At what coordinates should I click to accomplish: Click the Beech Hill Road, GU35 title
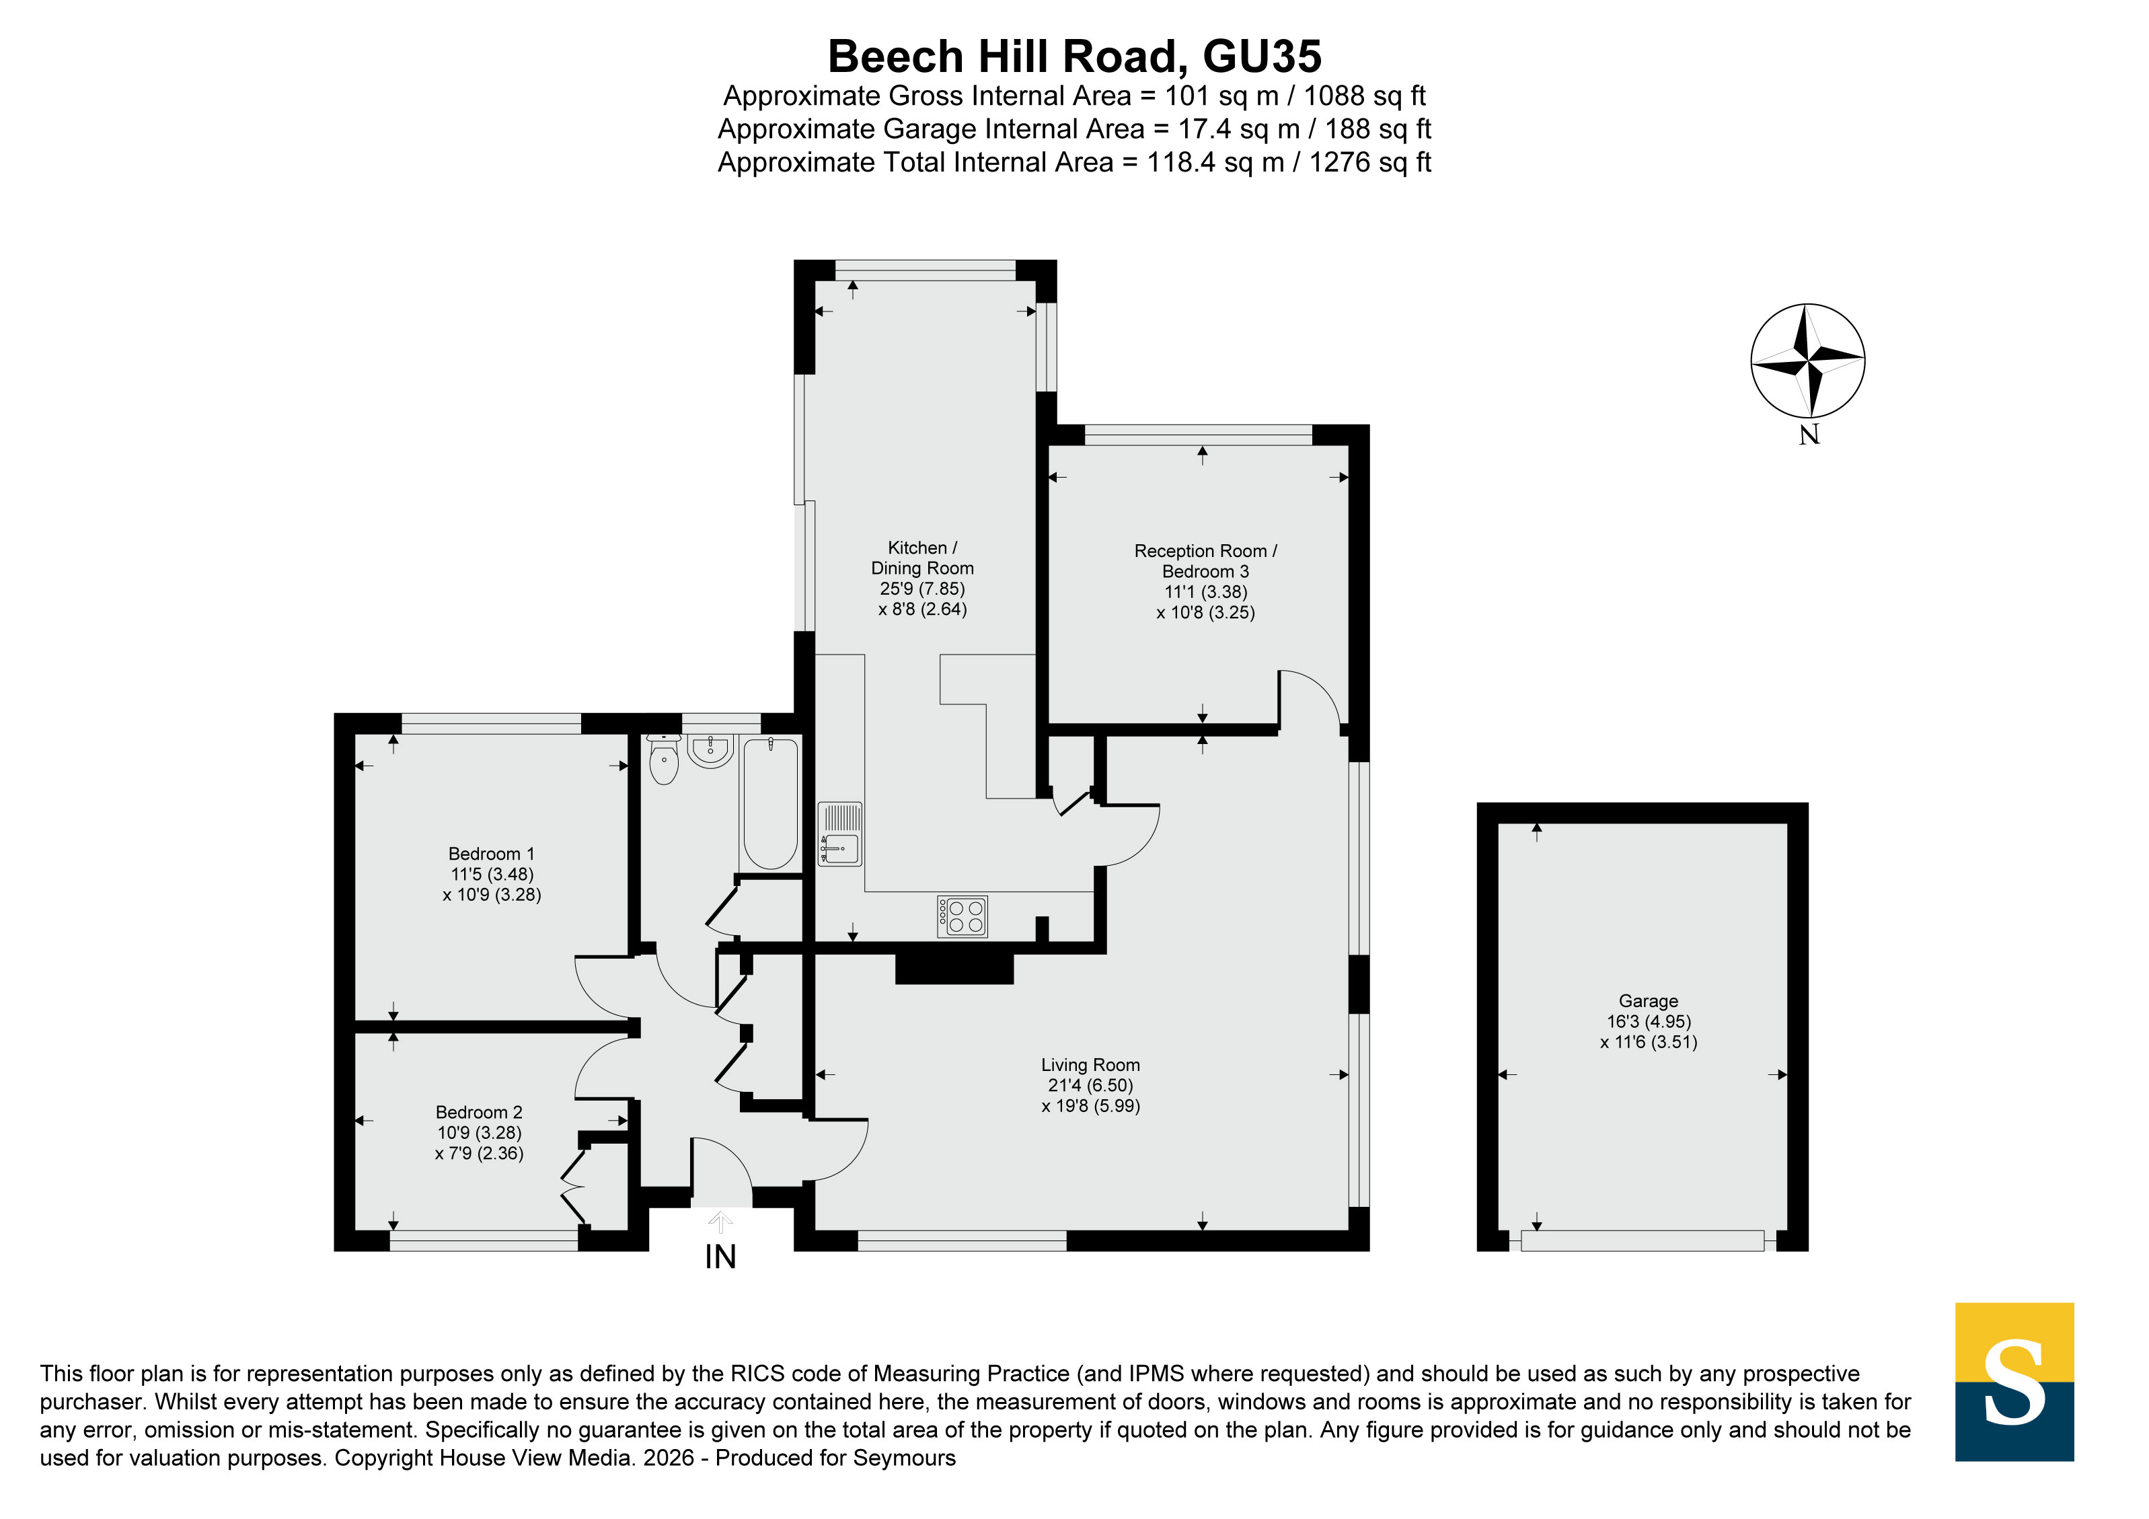1075,56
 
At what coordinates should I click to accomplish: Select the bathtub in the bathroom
770,804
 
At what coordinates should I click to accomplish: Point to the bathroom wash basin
710,749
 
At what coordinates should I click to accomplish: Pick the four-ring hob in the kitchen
963,916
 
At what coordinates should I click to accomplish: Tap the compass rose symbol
1807,361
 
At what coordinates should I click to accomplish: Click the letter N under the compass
1809,435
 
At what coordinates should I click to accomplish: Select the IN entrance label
720,1257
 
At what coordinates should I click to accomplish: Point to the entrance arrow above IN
720,1222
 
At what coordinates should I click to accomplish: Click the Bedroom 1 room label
492,854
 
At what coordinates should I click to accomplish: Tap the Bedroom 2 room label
479,1112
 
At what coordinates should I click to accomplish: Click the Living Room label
1090,1064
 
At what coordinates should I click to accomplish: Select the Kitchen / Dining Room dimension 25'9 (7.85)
922,589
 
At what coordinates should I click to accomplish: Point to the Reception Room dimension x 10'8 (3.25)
1205,612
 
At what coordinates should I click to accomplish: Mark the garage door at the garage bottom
1643,1241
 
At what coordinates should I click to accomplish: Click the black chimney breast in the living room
954,969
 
